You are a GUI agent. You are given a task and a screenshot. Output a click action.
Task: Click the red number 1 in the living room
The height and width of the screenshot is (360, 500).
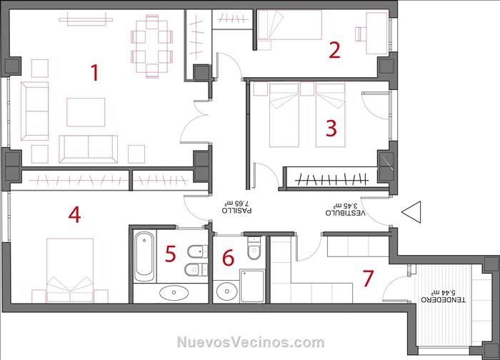click(95, 72)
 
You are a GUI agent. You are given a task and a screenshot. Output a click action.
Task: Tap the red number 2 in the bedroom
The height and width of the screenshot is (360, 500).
click(334, 51)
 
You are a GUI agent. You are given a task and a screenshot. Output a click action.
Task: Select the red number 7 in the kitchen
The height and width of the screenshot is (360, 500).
click(369, 278)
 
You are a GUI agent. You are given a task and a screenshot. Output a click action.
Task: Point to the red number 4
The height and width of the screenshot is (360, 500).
click(74, 214)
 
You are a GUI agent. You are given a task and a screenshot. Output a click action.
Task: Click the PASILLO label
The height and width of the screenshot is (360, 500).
click(236, 211)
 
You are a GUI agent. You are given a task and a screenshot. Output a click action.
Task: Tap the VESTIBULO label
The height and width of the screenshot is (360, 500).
click(345, 212)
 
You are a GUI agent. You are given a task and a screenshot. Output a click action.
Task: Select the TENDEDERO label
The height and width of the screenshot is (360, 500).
click(444, 299)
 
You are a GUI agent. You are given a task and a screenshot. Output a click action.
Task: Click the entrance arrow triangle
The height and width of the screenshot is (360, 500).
click(411, 211)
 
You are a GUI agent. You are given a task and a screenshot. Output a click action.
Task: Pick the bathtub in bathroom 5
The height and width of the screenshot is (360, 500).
click(144, 256)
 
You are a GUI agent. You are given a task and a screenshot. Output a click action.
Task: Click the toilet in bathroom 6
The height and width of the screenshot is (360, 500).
click(254, 249)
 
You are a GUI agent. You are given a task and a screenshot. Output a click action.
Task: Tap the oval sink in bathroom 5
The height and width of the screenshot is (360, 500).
click(174, 292)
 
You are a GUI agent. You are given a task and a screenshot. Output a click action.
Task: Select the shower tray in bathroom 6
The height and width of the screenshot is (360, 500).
click(252, 286)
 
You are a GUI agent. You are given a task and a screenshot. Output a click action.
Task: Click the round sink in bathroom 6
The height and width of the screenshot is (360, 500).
click(226, 291)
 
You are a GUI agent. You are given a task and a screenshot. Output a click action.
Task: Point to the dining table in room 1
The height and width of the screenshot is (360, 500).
click(152, 46)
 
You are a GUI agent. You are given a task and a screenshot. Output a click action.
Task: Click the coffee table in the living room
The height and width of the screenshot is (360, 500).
click(86, 112)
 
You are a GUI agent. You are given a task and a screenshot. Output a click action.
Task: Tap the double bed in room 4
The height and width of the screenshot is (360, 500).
click(70, 270)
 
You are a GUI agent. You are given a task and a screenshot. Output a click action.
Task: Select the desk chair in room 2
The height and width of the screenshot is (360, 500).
click(361, 34)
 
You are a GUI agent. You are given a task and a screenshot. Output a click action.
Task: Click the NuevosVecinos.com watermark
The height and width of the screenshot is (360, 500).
click(251, 342)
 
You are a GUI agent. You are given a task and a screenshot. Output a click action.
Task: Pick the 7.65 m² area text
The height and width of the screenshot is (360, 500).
click(236, 203)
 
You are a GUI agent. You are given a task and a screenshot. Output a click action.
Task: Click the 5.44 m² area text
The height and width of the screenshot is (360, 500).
click(444, 292)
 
